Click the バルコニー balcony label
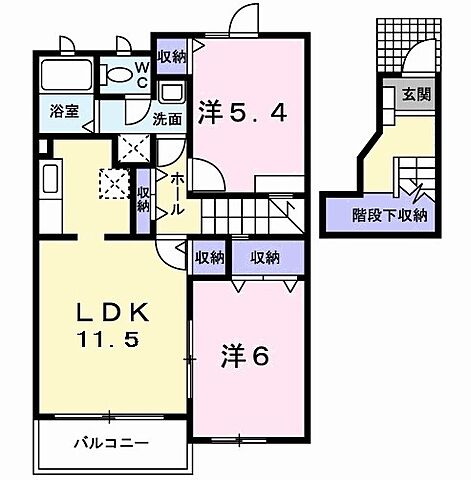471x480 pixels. (x=110, y=442)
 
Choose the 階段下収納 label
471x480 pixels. (x=390, y=213)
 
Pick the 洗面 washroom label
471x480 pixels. (x=166, y=117)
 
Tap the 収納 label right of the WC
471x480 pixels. (x=171, y=57)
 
